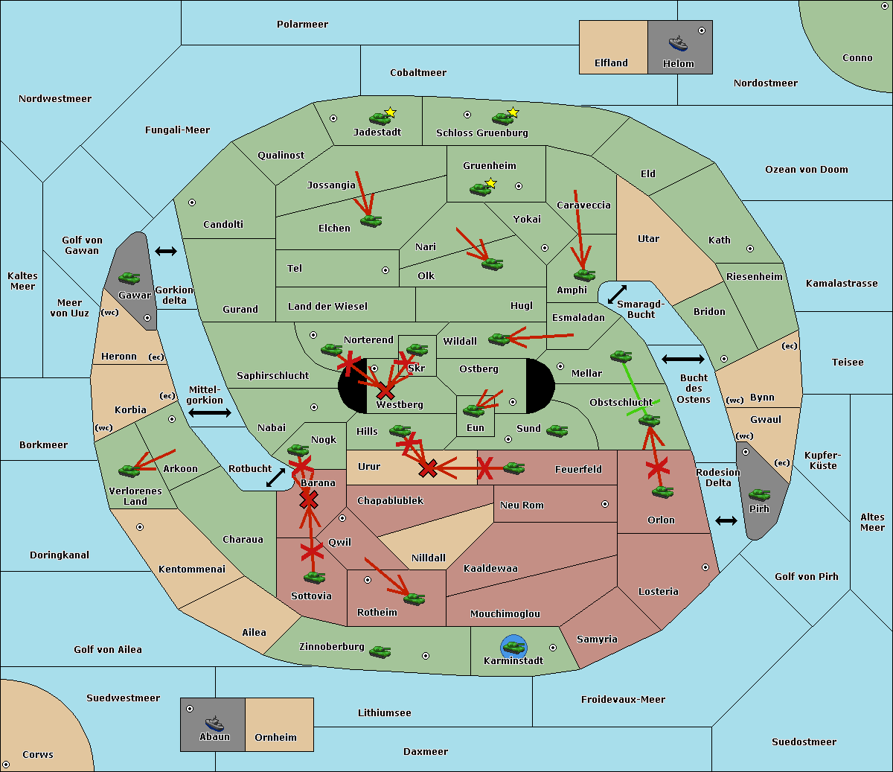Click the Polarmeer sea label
click(x=302, y=25)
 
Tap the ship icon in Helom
click(x=678, y=43)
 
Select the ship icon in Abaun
click(x=214, y=723)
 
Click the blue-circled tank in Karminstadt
click(x=513, y=646)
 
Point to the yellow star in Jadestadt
click(x=391, y=112)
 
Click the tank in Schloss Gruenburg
click(x=502, y=118)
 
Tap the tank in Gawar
click(x=129, y=278)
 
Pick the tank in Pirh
click(x=759, y=495)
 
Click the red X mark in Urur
click(x=428, y=468)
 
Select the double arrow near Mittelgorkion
click(x=210, y=412)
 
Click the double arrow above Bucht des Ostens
click(x=682, y=360)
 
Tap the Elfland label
click(x=611, y=63)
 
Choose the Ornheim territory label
click(x=275, y=738)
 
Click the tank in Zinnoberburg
click(x=380, y=652)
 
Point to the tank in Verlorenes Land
click(x=129, y=470)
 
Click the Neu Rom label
click(x=522, y=505)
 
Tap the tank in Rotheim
click(x=414, y=599)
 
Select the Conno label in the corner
click(x=857, y=58)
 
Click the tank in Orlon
click(x=662, y=492)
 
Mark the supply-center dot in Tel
click(x=385, y=270)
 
